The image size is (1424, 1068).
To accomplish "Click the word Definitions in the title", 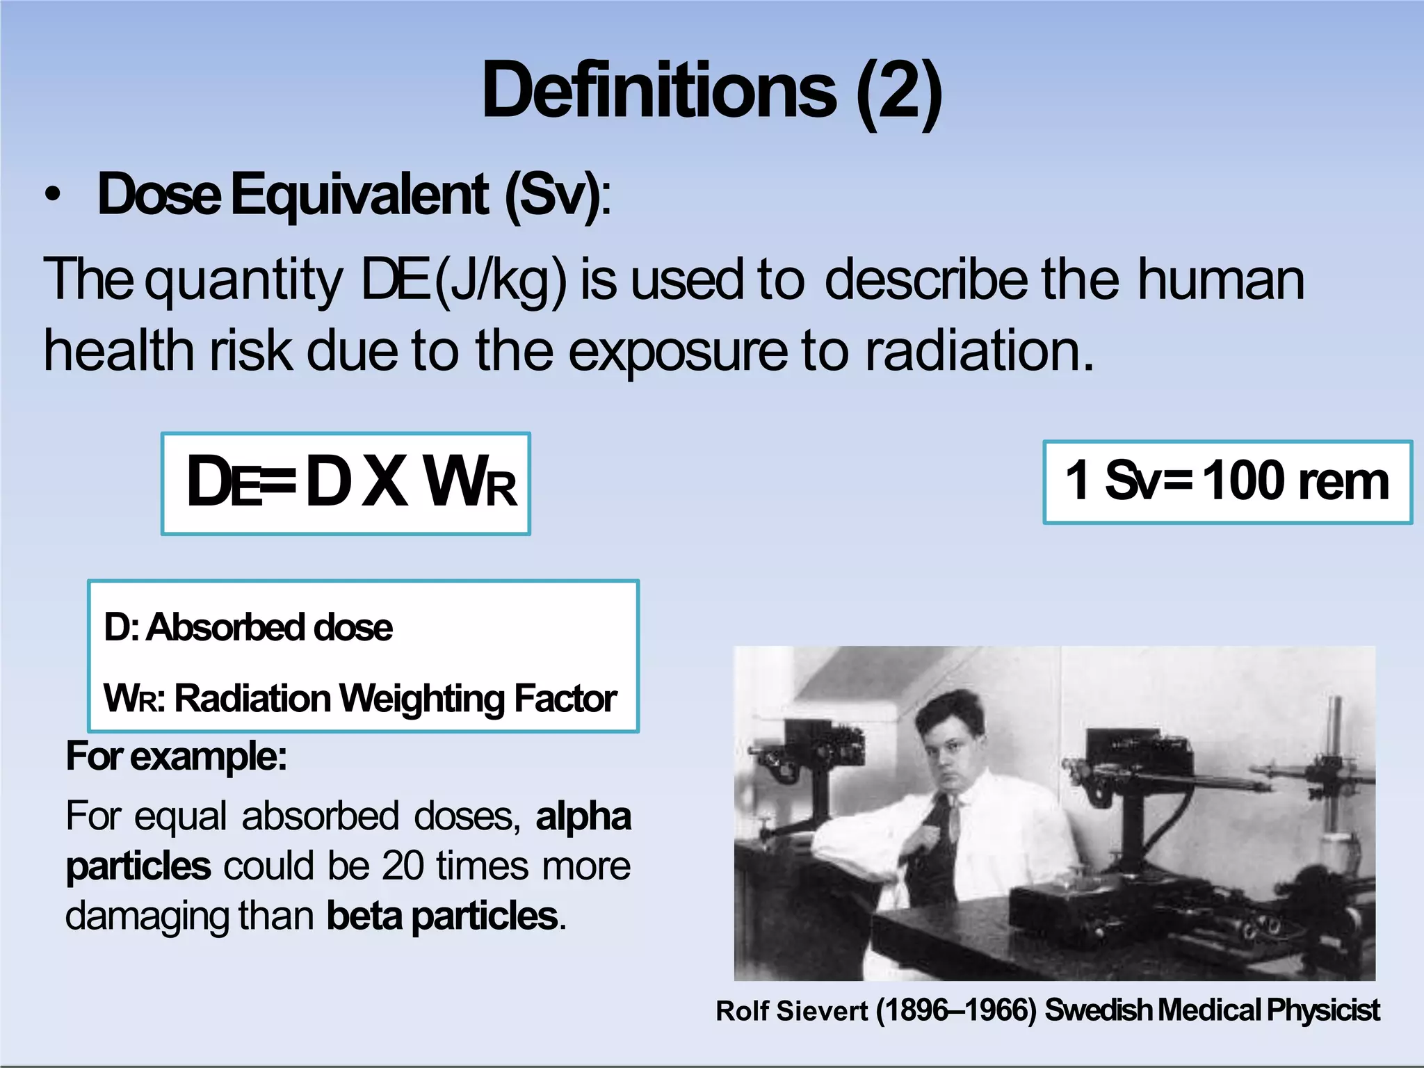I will pyautogui.click(x=659, y=90).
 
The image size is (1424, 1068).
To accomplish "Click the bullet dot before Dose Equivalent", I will pyautogui.click(x=52, y=196).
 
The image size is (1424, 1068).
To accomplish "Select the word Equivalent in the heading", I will pyautogui.click(x=359, y=195).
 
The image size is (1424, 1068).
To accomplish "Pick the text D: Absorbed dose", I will pyautogui.click(x=248, y=627).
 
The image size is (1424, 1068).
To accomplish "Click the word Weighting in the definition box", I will pyautogui.click(x=421, y=698).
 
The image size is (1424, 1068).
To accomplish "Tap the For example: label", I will pyautogui.click(x=176, y=756).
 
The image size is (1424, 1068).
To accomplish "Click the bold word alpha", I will pyautogui.click(x=583, y=816).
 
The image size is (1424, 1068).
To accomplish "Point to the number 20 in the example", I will pyautogui.click(x=403, y=866).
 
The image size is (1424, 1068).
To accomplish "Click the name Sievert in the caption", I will pyautogui.click(x=822, y=1011).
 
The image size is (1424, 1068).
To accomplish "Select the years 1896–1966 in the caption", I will pyautogui.click(x=957, y=1010).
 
